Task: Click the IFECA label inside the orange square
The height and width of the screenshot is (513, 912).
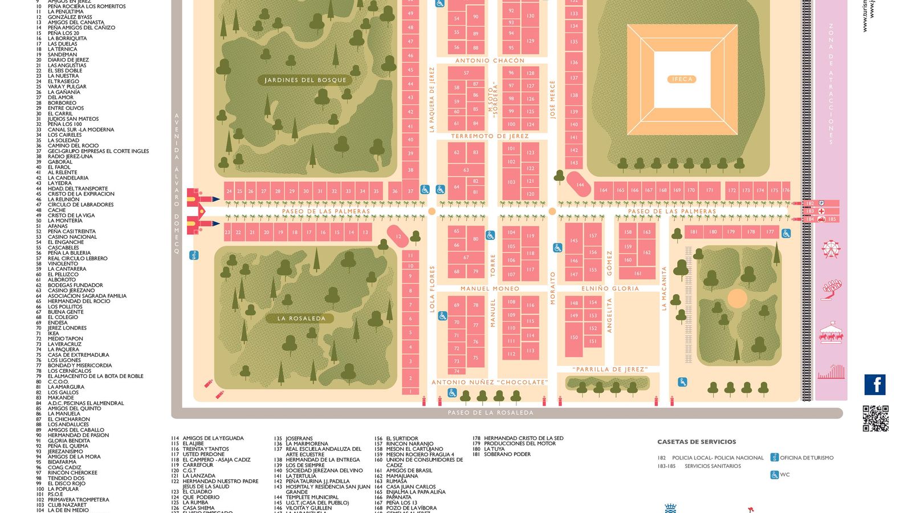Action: pos(682,79)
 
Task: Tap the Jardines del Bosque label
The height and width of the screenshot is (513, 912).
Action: pos(305,80)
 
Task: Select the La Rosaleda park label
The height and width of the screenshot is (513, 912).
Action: pos(301,319)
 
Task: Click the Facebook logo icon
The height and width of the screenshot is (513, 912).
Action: pos(874,385)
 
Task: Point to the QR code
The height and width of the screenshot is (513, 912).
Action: pos(875,418)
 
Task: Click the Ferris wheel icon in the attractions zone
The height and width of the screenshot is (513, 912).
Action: pos(830,249)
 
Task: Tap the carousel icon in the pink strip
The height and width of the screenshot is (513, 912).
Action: pos(830,333)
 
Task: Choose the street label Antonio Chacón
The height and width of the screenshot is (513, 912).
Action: pos(490,60)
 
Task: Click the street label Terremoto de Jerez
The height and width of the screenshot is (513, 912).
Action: pos(490,136)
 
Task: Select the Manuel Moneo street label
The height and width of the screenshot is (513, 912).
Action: pos(490,289)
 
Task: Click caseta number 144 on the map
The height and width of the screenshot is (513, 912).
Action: pos(580,185)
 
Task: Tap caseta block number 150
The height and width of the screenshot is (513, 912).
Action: pos(574,337)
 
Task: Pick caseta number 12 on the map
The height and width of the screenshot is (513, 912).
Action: pos(398,237)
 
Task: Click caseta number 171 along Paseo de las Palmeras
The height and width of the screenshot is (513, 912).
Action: pos(710,190)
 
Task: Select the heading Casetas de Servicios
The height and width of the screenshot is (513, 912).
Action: pos(697,442)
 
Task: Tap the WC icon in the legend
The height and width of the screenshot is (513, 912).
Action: pos(774,475)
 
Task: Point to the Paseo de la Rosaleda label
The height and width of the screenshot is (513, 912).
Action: pos(490,413)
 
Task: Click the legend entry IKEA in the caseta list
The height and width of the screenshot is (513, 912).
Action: pos(54,333)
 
